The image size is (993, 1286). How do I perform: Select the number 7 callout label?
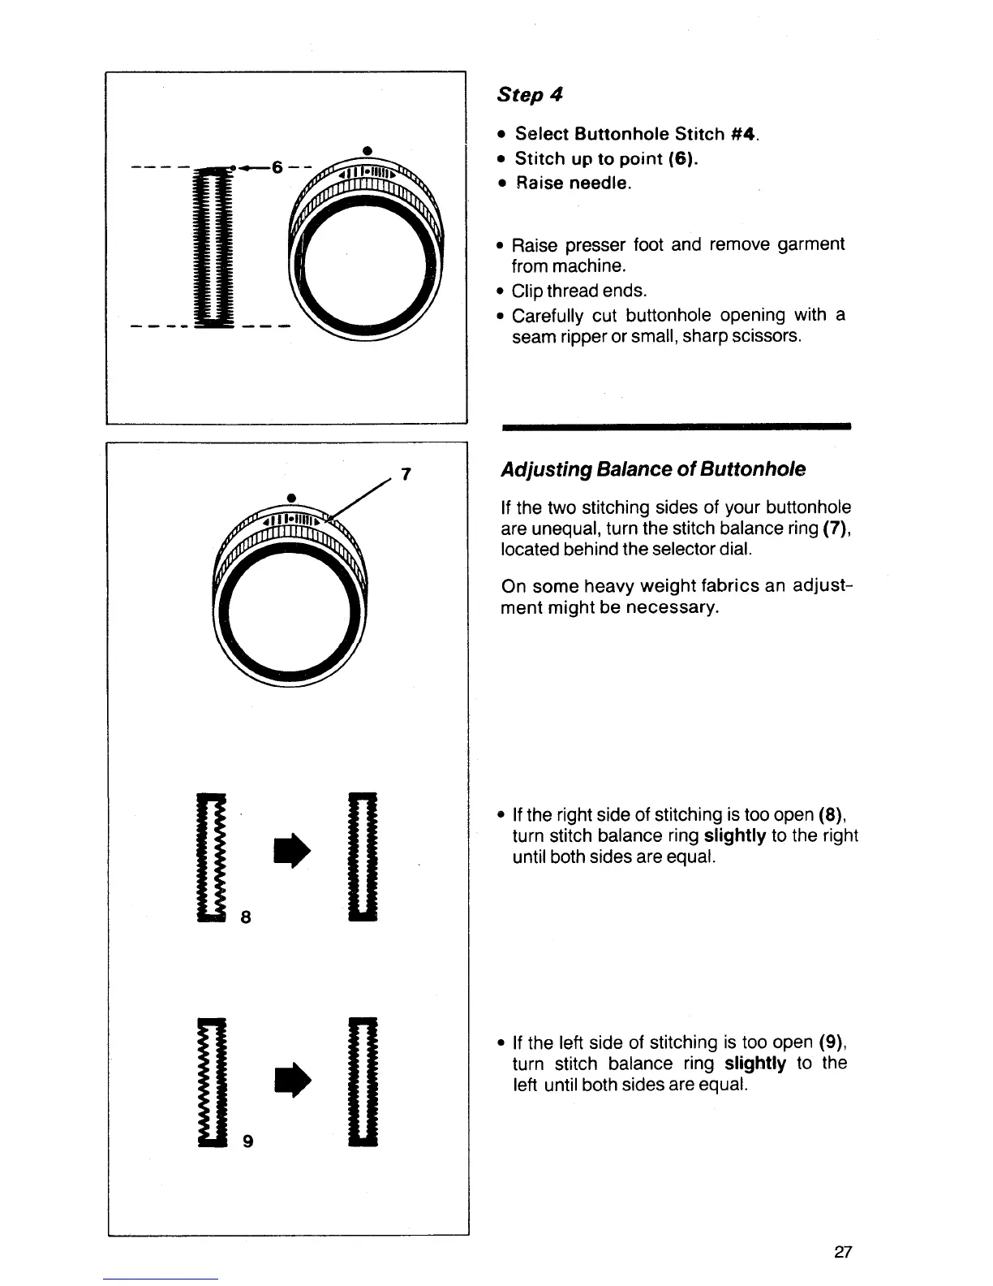(406, 474)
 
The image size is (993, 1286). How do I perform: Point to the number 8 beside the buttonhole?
(244, 917)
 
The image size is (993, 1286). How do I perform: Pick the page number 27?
(842, 1253)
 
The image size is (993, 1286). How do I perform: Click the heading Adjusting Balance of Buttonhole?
(653, 469)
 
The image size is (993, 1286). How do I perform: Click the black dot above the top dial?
(367, 149)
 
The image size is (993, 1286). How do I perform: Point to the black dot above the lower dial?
(290, 497)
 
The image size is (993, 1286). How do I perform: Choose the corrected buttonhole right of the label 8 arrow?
(362, 855)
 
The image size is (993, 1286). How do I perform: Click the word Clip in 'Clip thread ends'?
(527, 291)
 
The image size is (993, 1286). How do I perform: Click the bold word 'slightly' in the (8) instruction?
(736, 836)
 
